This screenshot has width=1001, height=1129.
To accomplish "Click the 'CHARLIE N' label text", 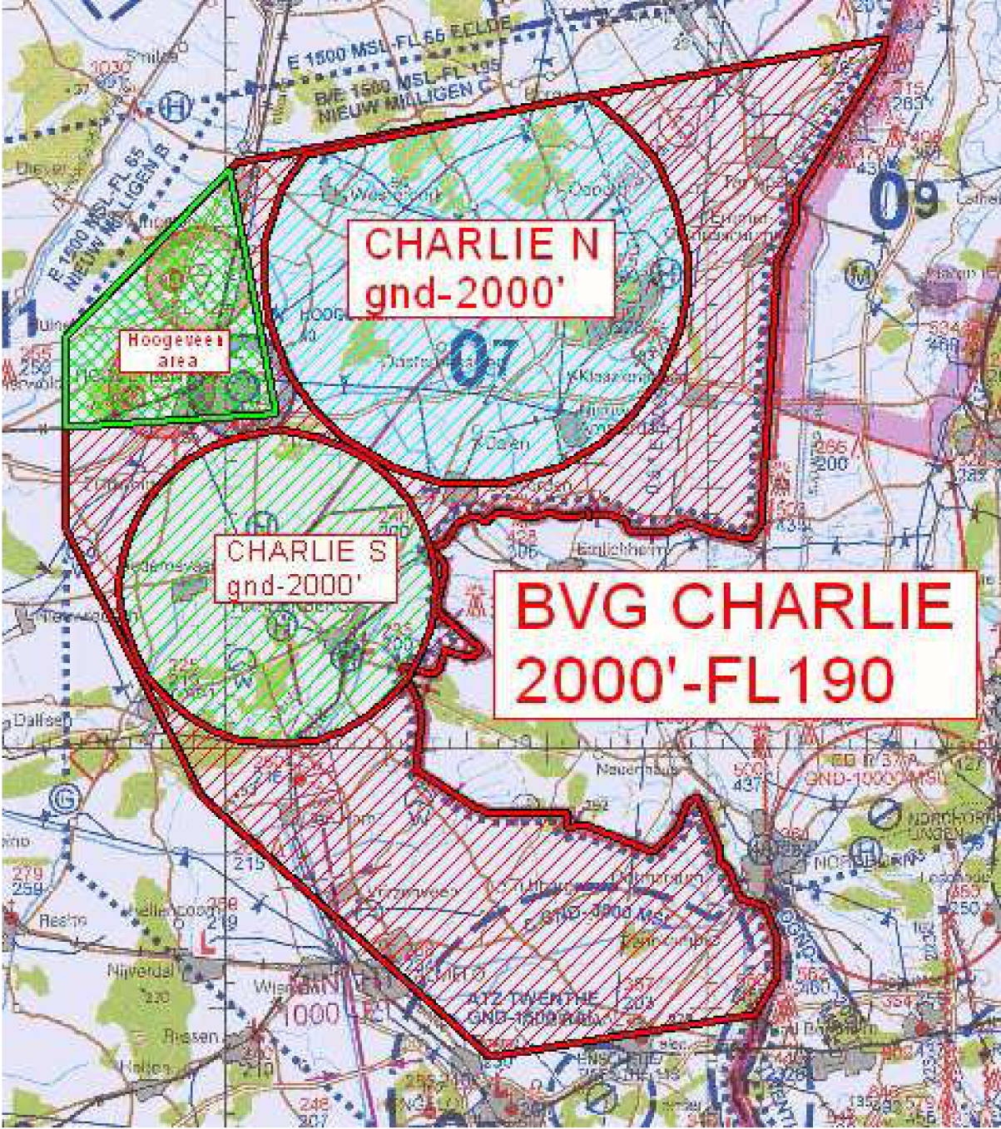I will pos(482,244).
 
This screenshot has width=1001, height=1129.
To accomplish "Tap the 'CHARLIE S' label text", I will pos(305,551).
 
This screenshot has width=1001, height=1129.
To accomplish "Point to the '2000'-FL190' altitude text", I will pos(705,682).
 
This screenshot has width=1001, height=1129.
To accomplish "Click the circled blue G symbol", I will pos(64,797).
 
